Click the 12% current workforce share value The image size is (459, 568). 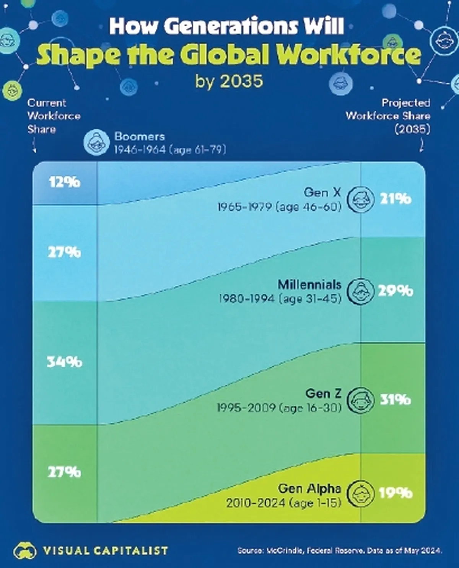(x=64, y=182)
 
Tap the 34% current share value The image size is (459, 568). (x=64, y=362)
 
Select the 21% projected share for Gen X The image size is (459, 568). (x=396, y=199)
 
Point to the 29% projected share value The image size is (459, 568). (x=396, y=291)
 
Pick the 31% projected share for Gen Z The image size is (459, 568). (x=396, y=400)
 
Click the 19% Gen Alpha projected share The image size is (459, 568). (x=396, y=493)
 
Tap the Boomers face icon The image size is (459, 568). (x=96, y=142)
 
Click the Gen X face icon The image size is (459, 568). (x=360, y=199)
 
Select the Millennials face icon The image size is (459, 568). (x=360, y=291)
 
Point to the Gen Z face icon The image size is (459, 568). (x=360, y=400)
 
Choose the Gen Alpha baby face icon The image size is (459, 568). (x=360, y=493)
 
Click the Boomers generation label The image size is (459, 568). (x=140, y=137)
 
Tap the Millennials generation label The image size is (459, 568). (x=309, y=285)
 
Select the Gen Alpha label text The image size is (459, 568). (x=310, y=488)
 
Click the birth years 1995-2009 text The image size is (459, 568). (x=246, y=408)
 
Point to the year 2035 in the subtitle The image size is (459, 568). (x=242, y=81)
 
